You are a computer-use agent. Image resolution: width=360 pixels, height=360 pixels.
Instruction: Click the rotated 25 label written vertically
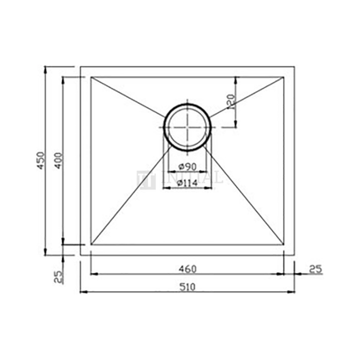[59, 276]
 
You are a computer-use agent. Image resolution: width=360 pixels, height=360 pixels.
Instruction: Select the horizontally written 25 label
[314, 269]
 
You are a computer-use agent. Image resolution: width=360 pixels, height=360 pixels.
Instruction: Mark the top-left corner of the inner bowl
[90, 76]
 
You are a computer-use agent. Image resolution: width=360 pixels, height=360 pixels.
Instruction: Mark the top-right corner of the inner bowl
[285, 76]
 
